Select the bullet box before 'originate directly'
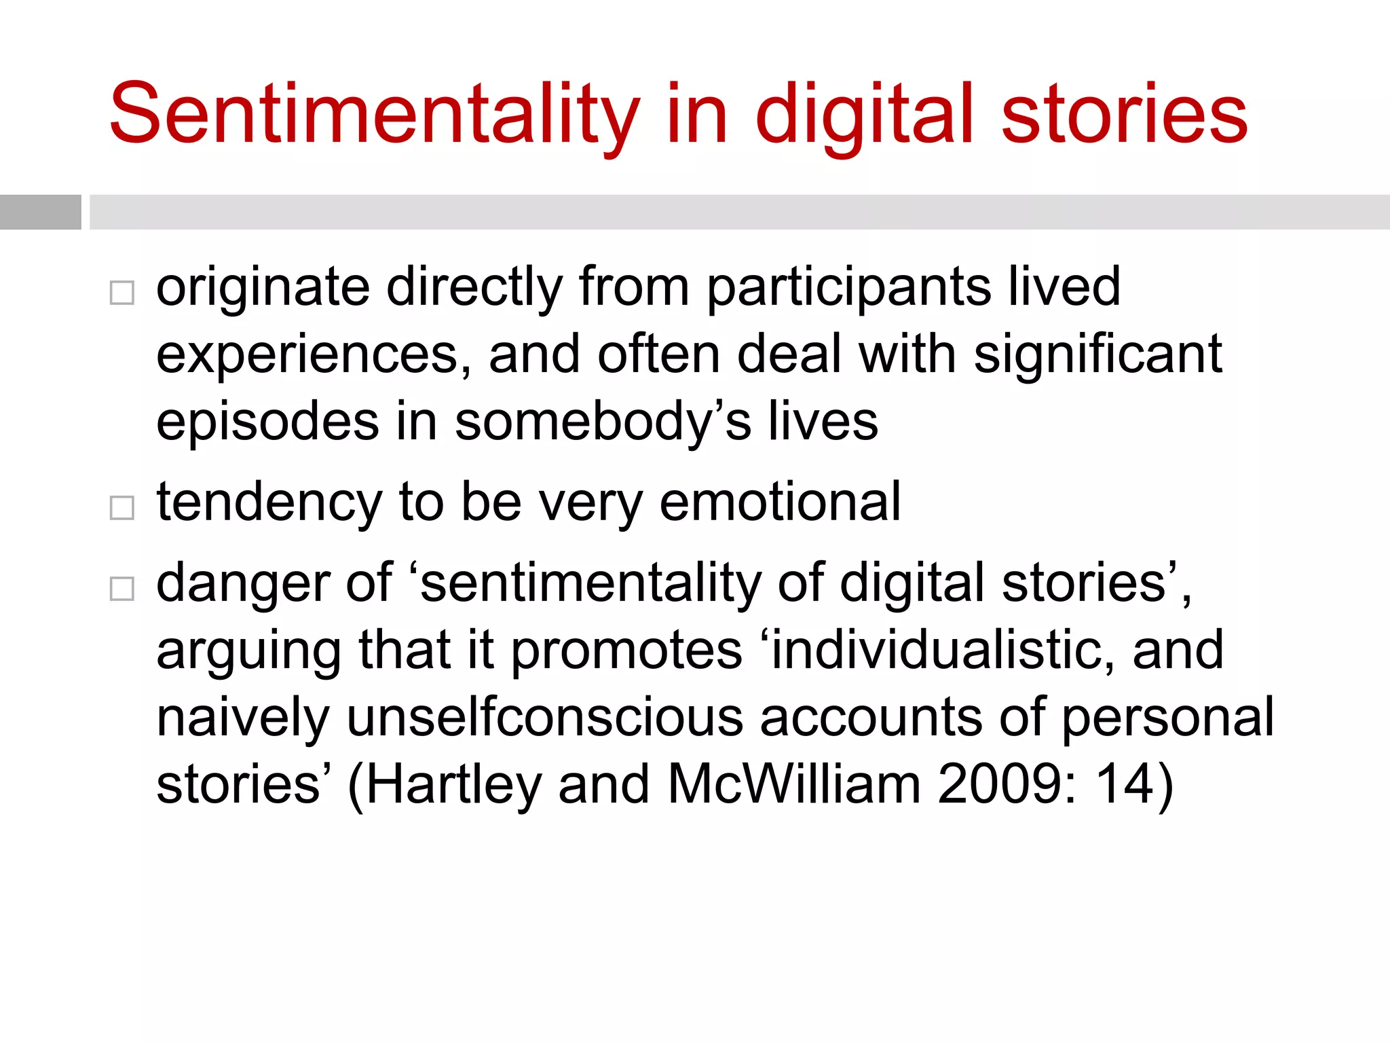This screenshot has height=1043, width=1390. click(x=122, y=293)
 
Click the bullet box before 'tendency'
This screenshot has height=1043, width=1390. click(x=122, y=507)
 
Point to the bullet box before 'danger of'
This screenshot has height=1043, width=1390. click(x=122, y=588)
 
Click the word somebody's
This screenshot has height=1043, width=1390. click(x=603, y=422)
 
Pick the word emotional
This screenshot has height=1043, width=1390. click(x=780, y=502)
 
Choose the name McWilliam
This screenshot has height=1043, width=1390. click(x=794, y=785)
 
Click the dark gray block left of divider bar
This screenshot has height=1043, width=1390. click(x=40, y=212)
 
